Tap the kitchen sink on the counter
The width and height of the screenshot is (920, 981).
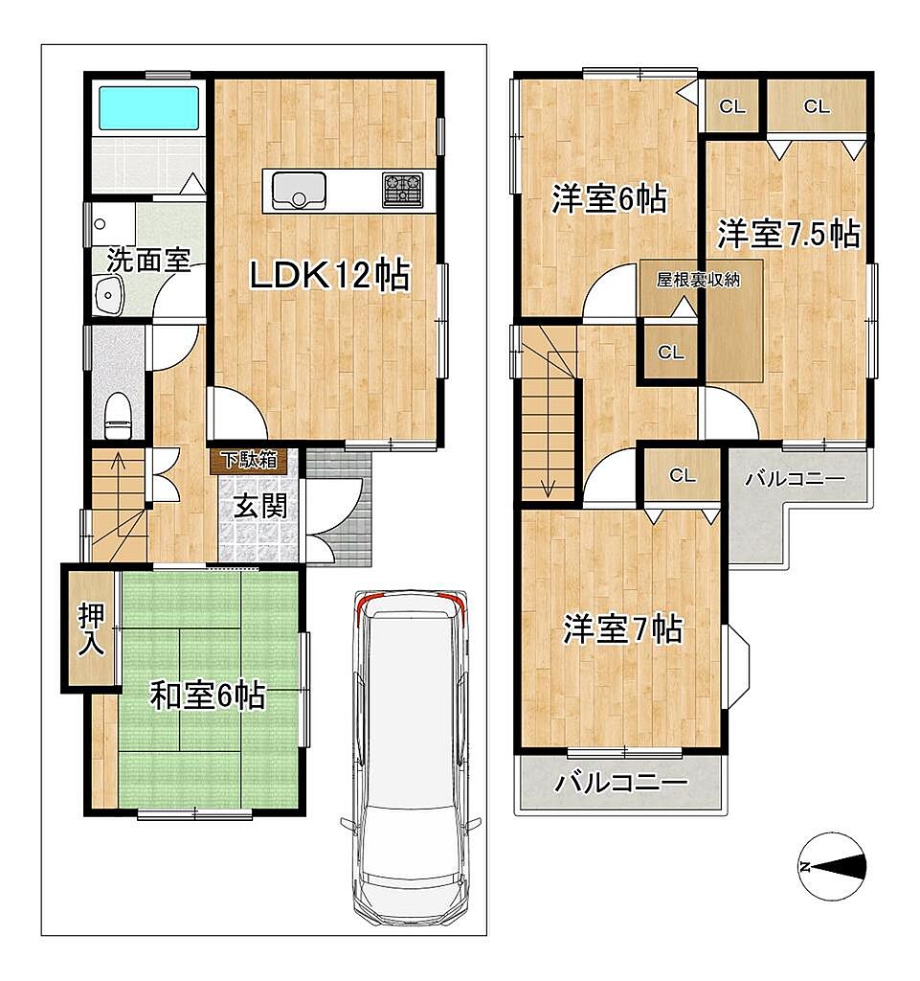[x=299, y=191]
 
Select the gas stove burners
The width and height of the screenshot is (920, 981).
[x=402, y=190]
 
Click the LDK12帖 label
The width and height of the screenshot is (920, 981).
[x=330, y=275]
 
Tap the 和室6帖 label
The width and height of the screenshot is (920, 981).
[x=208, y=696]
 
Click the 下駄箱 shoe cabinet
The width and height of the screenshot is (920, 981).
[x=249, y=460]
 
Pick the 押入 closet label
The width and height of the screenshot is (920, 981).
[x=91, y=628]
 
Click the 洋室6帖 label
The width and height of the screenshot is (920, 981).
[x=609, y=199]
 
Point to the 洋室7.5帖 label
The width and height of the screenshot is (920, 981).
[x=788, y=235]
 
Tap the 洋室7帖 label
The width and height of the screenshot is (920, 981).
[x=622, y=628]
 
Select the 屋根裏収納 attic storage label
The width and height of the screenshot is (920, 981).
[x=698, y=280]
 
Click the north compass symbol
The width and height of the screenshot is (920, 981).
[x=833, y=866]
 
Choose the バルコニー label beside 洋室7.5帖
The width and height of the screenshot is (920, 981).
[x=796, y=480]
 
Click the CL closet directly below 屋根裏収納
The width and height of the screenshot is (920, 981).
[x=671, y=353]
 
